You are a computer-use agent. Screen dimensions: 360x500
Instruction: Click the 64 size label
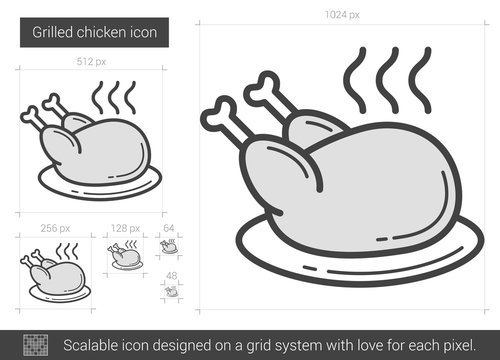pos(169,228)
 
